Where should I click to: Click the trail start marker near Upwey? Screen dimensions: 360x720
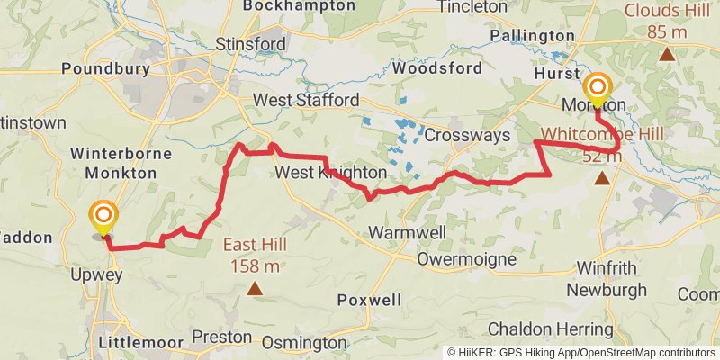(104, 216)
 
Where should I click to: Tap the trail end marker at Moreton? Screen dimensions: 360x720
(597, 88)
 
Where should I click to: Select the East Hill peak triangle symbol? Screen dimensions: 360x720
(256, 289)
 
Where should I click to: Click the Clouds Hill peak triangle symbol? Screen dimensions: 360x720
(667, 54)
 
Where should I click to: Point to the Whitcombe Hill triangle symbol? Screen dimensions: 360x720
(601, 177)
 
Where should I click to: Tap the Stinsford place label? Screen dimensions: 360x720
(251, 44)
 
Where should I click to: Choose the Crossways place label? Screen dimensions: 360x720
(467, 135)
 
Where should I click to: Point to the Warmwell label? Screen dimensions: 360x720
(406, 233)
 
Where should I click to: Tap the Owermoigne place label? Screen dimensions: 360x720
(467, 260)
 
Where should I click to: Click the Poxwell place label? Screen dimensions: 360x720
(369, 300)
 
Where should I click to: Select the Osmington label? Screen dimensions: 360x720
(303, 343)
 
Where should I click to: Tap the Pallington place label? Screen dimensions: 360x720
(530, 36)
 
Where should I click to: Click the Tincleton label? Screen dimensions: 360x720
(472, 7)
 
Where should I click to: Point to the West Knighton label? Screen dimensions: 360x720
(331, 172)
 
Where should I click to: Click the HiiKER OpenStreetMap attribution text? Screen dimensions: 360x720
(581, 353)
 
